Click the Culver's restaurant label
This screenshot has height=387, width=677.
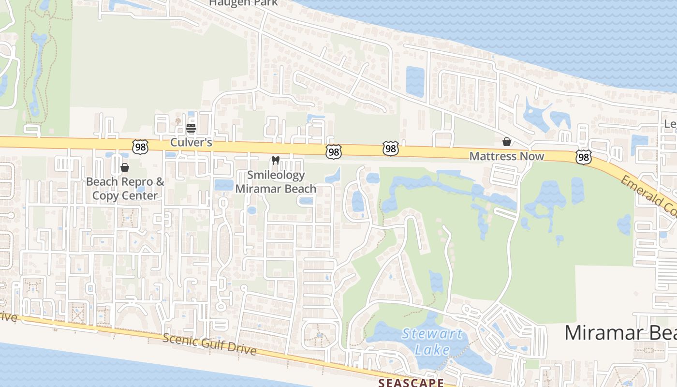point(191,143)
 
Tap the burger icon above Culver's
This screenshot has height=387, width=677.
point(191,128)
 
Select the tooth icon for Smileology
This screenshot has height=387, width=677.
point(276,160)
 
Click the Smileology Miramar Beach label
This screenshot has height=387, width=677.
point(276,182)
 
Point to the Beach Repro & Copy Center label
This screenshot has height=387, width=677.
point(125,189)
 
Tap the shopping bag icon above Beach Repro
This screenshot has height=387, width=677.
point(125,167)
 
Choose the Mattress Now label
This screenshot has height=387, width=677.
point(507,156)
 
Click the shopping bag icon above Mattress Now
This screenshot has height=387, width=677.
point(507,142)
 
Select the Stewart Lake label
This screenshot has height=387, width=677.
point(432,342)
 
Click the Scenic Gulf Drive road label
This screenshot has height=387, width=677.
point(209,344)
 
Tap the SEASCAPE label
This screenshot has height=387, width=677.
point(411,383)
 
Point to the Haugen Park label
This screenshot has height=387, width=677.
point(243,3)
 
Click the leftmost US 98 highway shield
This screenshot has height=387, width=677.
point(140,147)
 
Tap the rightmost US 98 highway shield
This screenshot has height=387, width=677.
point(583,156)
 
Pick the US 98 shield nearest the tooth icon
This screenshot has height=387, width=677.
point(333,152)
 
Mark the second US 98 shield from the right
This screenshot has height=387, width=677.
point(390,149)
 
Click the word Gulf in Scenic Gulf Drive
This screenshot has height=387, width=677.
point(209,343)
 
